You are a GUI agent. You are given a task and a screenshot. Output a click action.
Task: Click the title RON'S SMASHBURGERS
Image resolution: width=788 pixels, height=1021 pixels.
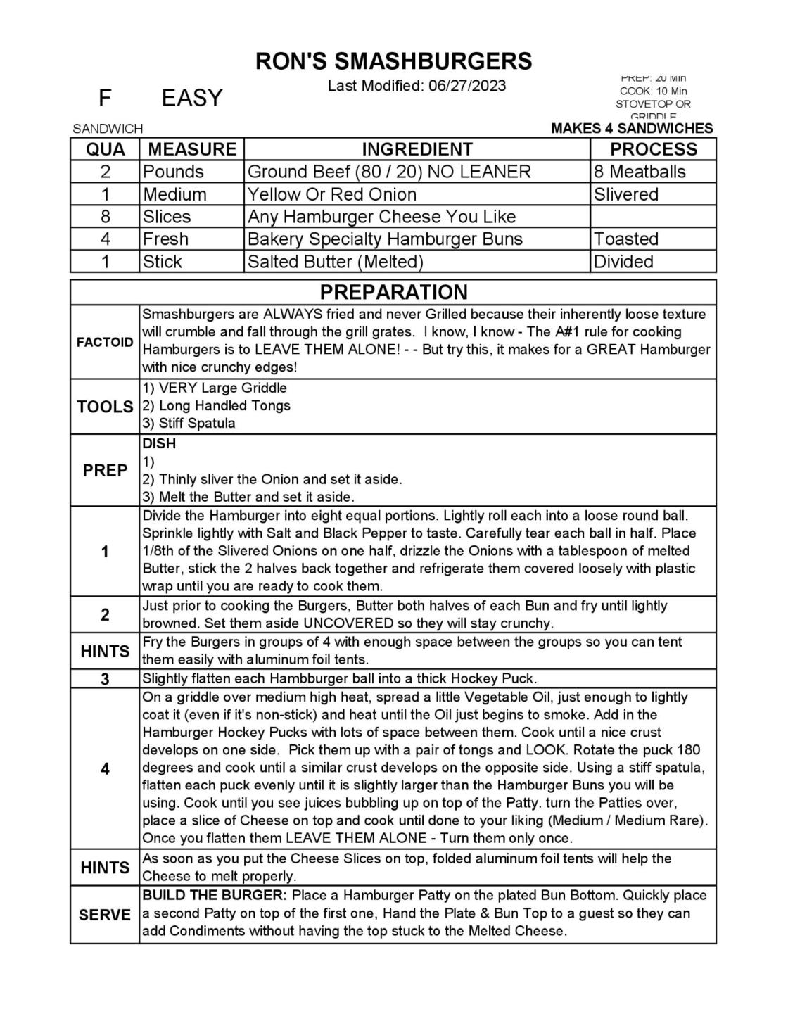click(x=393, y=61)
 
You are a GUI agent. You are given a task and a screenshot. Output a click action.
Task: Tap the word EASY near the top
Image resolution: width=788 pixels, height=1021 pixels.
click(x=191, y=98)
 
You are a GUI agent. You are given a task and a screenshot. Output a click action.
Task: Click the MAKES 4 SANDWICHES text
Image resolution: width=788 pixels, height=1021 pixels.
click(x=632, y=128)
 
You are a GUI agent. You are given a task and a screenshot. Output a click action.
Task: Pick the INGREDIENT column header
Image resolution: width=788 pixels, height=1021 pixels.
click(x=417, y=149)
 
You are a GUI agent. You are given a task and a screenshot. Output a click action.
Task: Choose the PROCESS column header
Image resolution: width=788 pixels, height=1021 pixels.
click(x=653, y=149)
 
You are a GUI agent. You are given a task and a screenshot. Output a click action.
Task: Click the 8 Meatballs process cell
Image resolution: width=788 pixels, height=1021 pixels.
click(x=640, y=172)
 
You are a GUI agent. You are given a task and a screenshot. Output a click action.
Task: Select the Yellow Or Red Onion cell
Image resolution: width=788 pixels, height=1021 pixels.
click(x=331, y=194)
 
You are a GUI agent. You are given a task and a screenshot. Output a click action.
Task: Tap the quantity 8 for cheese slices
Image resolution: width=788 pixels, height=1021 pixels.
click(x=105, y=217)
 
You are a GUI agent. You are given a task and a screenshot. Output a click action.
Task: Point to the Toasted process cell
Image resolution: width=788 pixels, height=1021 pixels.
click(x=625, y=239)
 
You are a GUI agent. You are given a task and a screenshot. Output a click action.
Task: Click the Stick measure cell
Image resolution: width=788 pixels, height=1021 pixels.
click(x=163, y=262)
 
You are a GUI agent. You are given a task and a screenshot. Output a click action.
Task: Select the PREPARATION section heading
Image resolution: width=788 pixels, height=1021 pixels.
click(x=393, y=292)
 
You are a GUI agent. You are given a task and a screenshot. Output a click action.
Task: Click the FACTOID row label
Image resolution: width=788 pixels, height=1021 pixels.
click(x=105, y=343)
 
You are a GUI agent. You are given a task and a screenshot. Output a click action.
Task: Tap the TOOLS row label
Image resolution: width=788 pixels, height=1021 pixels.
click(x=105, y=407)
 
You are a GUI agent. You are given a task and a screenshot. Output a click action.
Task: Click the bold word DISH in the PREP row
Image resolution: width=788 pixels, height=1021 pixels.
click(x=159, y=444)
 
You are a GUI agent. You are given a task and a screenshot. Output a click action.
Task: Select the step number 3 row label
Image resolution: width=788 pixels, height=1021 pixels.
click(x=105, y=679)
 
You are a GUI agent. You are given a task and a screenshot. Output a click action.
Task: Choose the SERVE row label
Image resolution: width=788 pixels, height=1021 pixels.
click(x=105, y=915)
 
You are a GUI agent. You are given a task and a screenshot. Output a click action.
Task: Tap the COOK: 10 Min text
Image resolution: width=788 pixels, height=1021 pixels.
click(x=653, y=91)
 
